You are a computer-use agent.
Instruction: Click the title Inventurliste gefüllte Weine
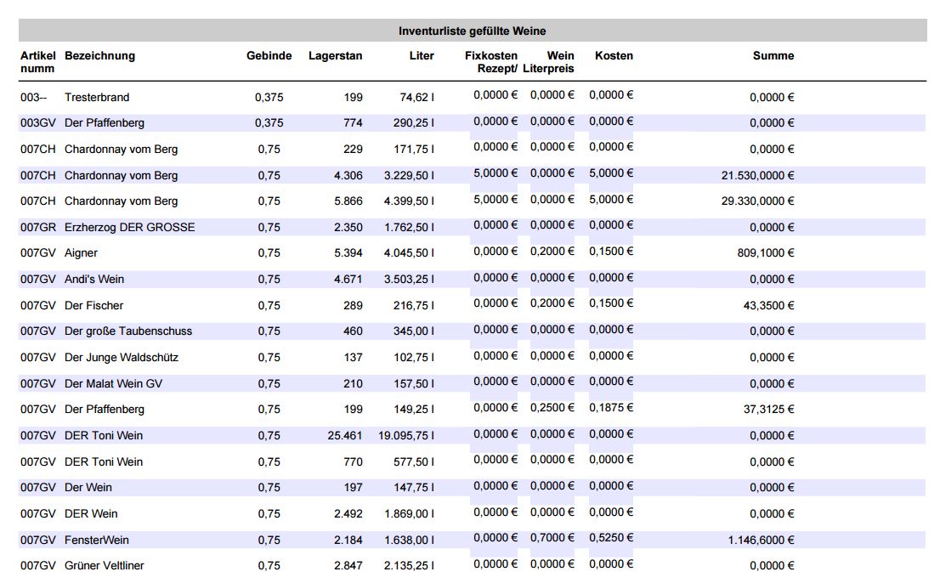(472, 31)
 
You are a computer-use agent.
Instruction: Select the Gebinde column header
(269, 56)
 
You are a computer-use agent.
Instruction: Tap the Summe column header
(773, 56)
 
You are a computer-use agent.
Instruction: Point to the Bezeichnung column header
(99, 56)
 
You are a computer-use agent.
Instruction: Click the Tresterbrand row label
(97, 97)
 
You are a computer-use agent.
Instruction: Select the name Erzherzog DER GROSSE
(129, 227)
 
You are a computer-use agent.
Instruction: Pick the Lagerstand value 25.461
(345, 436)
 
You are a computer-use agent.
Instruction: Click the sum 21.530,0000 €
(758, 176)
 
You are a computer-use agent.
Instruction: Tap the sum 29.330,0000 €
(758, 201)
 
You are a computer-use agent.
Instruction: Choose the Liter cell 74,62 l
(417, 97)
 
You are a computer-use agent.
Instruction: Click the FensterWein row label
(97, 540)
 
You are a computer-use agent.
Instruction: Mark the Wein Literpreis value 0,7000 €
(552, 538)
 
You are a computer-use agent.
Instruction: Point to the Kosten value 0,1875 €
(611, 407)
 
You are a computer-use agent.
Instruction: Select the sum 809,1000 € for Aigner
(766, 253)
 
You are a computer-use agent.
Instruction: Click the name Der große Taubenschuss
(128, 331)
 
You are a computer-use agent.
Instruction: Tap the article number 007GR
(37, 227)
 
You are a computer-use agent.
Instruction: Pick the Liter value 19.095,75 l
(406, 436)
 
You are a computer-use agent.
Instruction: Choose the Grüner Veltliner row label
(105, 566)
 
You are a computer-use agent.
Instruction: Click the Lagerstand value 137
(353, 358)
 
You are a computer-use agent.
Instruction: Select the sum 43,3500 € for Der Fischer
(768, 306)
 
